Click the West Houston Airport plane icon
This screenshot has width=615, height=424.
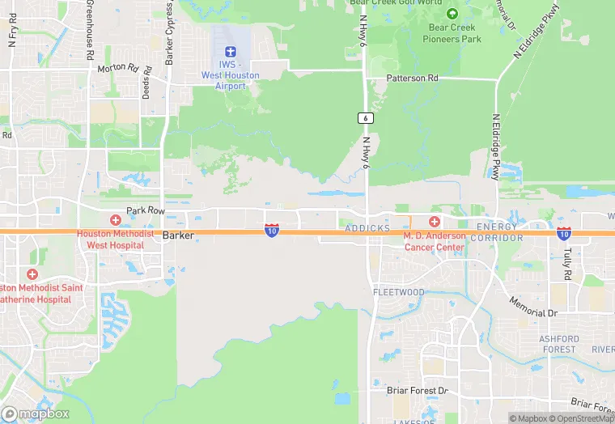tap(230, 50)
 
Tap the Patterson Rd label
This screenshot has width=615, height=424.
tap(412, 78)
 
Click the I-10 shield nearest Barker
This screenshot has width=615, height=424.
tap(272, 231)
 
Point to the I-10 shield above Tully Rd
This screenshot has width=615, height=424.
tap(564, 233)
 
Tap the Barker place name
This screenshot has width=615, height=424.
tap(179, 235)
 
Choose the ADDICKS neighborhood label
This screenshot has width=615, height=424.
tap(368, 229)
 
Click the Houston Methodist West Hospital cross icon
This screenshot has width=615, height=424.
tap(115, 220)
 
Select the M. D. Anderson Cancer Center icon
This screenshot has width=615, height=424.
tap(435, 222)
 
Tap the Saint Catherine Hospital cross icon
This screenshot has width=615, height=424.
tap(32, 275)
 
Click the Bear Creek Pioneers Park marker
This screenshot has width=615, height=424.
tap(452, 14)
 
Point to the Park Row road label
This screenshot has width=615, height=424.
tap(146, 210)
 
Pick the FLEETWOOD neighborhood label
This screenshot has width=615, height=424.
tap(398, 292)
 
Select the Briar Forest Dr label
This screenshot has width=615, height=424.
tap(418, 391)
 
